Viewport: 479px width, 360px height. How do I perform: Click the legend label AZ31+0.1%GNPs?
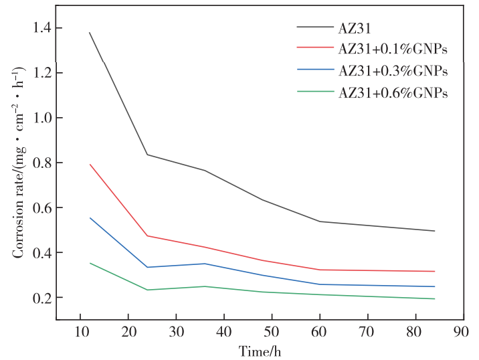pos(393,49)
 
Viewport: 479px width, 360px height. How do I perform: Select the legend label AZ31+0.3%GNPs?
pos(393,70)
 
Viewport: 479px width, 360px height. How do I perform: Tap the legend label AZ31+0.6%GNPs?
pos(393,92)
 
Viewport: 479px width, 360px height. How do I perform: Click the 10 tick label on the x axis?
pos(80,332)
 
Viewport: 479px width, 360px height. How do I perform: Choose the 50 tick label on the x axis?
pos(272,332)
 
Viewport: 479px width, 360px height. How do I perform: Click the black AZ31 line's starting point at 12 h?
pos(90,33)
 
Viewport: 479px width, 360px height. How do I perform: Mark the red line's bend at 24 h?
pos(147,236)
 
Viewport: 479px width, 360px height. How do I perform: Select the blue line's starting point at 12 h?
pos(90,217)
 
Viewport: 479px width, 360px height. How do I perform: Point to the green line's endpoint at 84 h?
pos(435,298)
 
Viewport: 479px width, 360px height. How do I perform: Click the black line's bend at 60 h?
pos(320,221)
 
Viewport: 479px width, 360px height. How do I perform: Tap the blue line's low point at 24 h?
pos(147,267)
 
